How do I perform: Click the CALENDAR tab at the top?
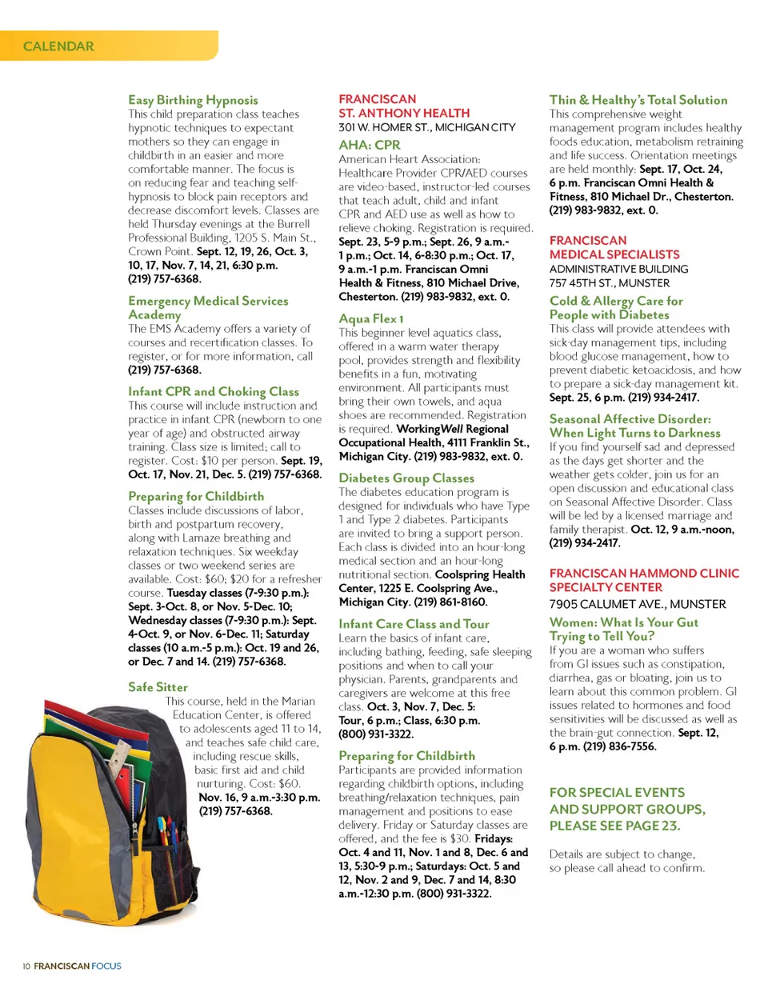pos(58,46)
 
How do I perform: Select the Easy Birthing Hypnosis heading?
pos(193,100)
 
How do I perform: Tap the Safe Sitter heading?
pos(158,687)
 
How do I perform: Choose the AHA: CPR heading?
pos(369,145)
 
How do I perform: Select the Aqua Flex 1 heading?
pos(370,318)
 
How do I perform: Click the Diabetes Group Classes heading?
pos(406,478)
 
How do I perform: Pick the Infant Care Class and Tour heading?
pos(413,624)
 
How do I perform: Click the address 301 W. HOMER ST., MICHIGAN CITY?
pos(426,127)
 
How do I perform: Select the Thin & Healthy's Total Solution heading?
pos(638,100)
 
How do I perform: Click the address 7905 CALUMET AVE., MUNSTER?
pos(637,604)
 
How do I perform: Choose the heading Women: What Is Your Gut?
pos(623,622)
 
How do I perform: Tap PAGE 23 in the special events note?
pos(651,826)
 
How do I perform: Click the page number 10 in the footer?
pos(26,966)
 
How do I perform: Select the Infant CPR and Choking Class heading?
pos(213,391)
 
